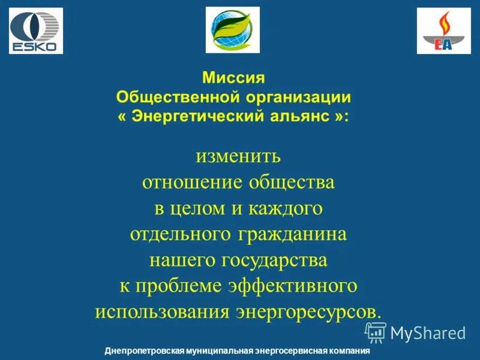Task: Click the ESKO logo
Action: [36, 31]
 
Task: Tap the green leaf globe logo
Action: [233, 30]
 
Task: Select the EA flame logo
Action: [444, 31]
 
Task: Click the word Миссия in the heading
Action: [233, 78]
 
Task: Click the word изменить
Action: [238, 157]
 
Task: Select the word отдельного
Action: [178, 234]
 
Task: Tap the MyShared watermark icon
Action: [376, 332]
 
